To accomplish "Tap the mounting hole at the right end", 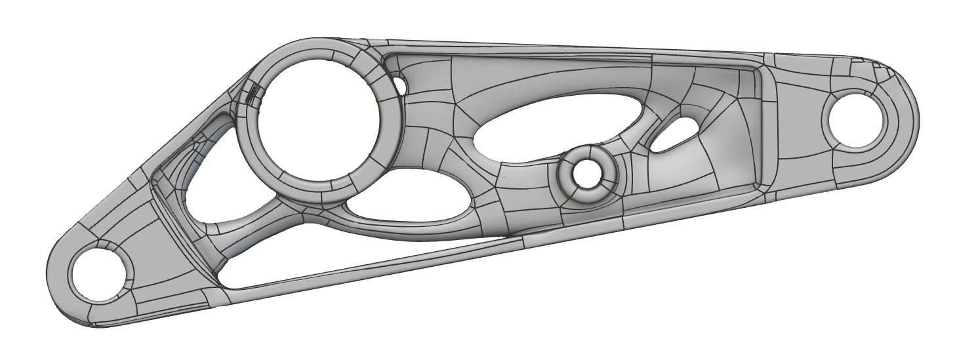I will pyautogui.click(x=857, y=119).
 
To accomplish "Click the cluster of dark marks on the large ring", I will pyautogui.click(x=253, y=94).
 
